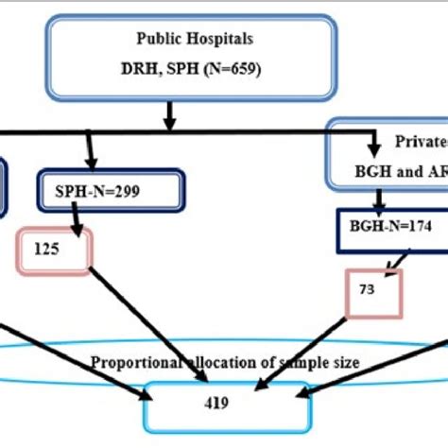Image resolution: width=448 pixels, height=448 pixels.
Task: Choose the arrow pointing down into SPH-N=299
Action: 90,150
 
